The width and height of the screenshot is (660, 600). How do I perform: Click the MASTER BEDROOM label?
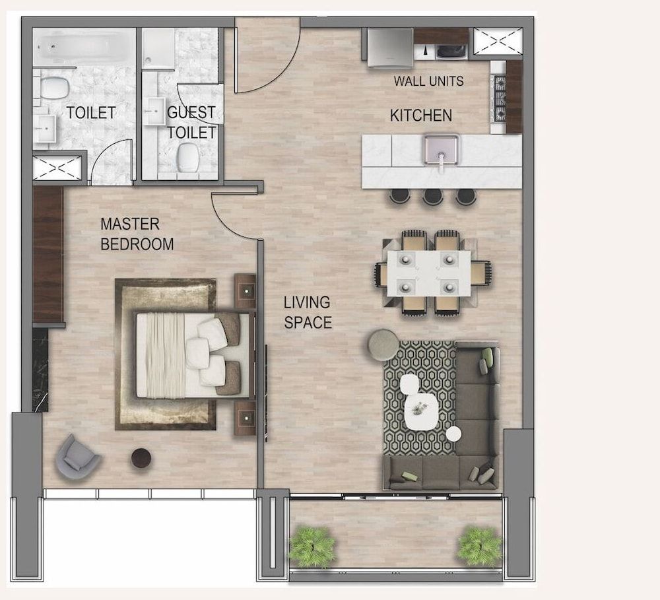(137, 234)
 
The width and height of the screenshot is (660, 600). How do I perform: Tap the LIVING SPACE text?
(308, 312)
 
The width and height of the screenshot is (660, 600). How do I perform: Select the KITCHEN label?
(421, 116)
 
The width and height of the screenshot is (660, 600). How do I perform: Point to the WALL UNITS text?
(428, 82)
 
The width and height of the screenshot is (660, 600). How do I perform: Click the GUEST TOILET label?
(191, 122)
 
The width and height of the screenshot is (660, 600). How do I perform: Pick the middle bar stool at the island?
(433, 196)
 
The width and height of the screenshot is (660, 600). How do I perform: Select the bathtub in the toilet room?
(82, 48)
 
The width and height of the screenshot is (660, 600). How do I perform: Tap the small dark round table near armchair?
(141, 457)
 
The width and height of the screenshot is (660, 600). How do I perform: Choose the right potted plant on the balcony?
(479, 545)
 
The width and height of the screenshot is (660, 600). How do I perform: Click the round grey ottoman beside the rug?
(383, 345)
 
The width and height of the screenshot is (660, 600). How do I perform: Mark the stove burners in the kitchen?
(499, 99)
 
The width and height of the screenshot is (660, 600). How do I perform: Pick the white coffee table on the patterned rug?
(420, 411)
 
